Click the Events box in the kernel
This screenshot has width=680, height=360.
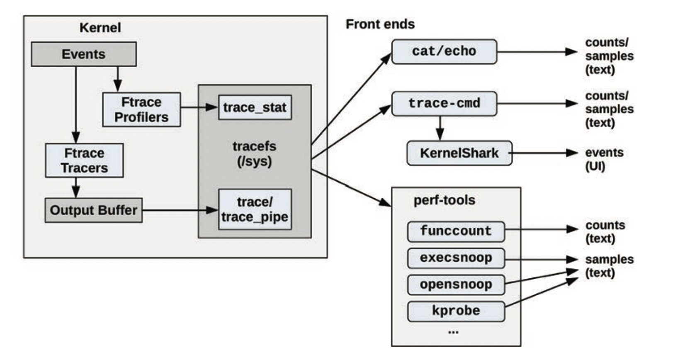pyautogui.click(x=83, y=54)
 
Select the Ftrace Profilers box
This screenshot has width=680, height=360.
pyautogui.click(x=141, y=109)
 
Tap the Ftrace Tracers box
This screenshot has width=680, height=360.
pyautogui.click(x=84, y=161)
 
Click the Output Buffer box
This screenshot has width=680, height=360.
pyautogui.click(x=93, y=210)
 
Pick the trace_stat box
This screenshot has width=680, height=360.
pyautogui.click(x=255, y=107)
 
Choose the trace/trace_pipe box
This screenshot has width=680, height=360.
pyautogui.click(x=255, y=209)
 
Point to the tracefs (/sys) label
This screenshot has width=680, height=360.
pyautogui.click(x=254, y=153)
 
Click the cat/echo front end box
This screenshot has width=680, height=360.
pyautogui.click(x=444, y=51)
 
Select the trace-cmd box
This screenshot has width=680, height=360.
pyautogui.click(x=444, y=103)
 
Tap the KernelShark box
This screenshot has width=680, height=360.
pyautogui.click(x=459, y=153)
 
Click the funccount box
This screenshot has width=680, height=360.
pyautogui.click(x=456, y=231)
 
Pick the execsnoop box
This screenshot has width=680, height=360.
pyautogui.click(x=456, y=258)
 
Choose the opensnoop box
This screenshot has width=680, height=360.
pyautogui.click(x=456, y=285)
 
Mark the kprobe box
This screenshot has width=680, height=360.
pyautogui.click(x=456, y=311)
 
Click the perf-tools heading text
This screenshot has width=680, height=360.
pyautogui.click(x=444, y=200)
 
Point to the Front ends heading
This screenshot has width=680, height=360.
pyautogui.click(x=380, y=24)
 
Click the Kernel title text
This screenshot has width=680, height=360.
pyautogui.click(x=100, y=28)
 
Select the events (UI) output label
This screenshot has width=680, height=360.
pyautogui.click(x=604, y=159)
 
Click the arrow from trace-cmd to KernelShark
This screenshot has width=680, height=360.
pyautogui.click(x=440, y=128)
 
